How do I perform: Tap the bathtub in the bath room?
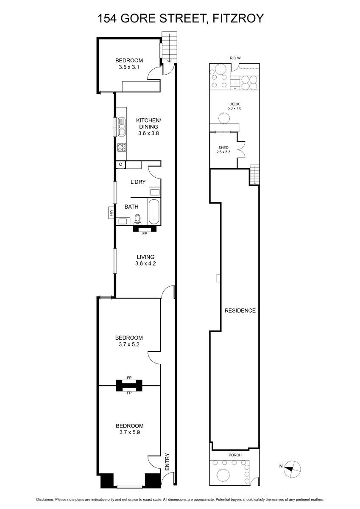coord(154,212)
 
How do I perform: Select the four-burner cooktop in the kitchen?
coord(122,148)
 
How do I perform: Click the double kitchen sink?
coord(122,127)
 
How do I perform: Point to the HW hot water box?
coord(111,213)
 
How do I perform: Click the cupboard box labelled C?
coord(120,165)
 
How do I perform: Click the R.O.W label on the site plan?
coord(235,58)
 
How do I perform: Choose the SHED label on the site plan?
coord(223,148)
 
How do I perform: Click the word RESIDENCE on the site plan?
coord(240,310)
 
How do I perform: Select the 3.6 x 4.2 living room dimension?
coord(145,263)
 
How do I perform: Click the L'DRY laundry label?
coord(138,182)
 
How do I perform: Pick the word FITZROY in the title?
coord(238,18)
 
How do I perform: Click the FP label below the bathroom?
coord(145,233)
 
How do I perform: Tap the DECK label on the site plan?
coord(234,104)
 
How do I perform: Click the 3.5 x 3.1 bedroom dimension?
coord(129,67)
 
